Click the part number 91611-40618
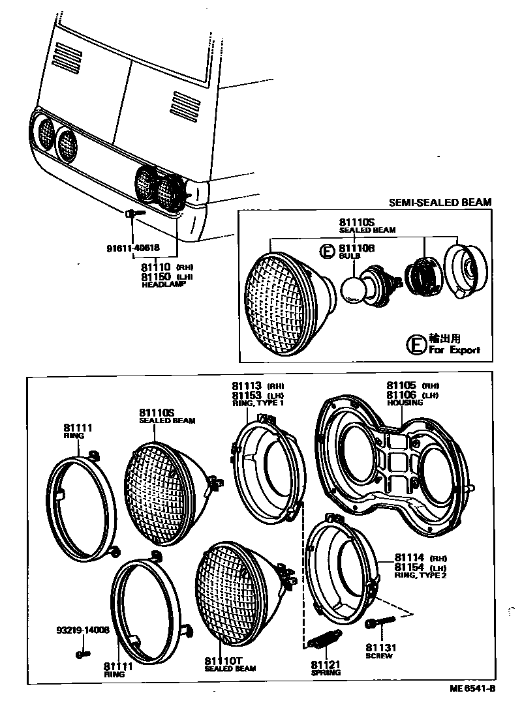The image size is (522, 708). click(132, 248)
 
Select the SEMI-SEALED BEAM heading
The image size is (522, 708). click(440, 203)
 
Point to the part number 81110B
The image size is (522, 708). click(356, 248)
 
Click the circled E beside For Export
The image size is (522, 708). click(416, 344)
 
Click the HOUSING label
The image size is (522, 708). click(405, 403)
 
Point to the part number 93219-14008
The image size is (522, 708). click(82, 631)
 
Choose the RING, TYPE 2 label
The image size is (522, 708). click(420, 576)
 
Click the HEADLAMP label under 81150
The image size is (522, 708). click(159, 285)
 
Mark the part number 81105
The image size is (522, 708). click(401, 385)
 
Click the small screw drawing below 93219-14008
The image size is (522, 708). click(82, 654)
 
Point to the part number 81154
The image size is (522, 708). click(409, 568)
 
